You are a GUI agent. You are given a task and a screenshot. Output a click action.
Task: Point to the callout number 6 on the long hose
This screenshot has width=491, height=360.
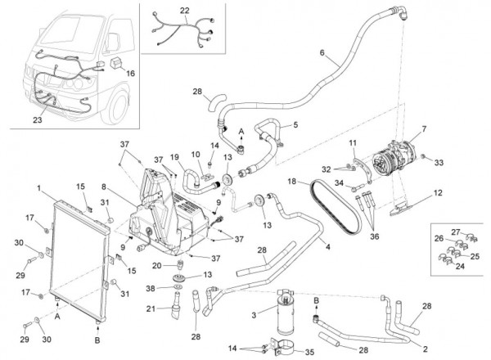coord(322,55)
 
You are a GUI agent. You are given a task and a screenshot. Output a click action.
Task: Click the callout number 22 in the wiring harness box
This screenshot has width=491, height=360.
coord(184,11)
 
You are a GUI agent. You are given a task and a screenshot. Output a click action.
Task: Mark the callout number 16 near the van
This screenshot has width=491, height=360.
coord(131,72)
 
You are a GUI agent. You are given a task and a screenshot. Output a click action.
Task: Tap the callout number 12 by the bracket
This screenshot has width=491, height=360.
coord(438,194)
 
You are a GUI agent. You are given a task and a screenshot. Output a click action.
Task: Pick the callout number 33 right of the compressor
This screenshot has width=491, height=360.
coord(438,163)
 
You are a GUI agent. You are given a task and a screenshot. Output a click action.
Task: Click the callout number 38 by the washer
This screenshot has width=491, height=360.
coord(150,287)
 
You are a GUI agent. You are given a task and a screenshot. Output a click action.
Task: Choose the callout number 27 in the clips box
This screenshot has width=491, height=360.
coord(457,232)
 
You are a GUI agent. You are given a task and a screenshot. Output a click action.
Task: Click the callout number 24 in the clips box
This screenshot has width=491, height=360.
coord(460,264)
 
